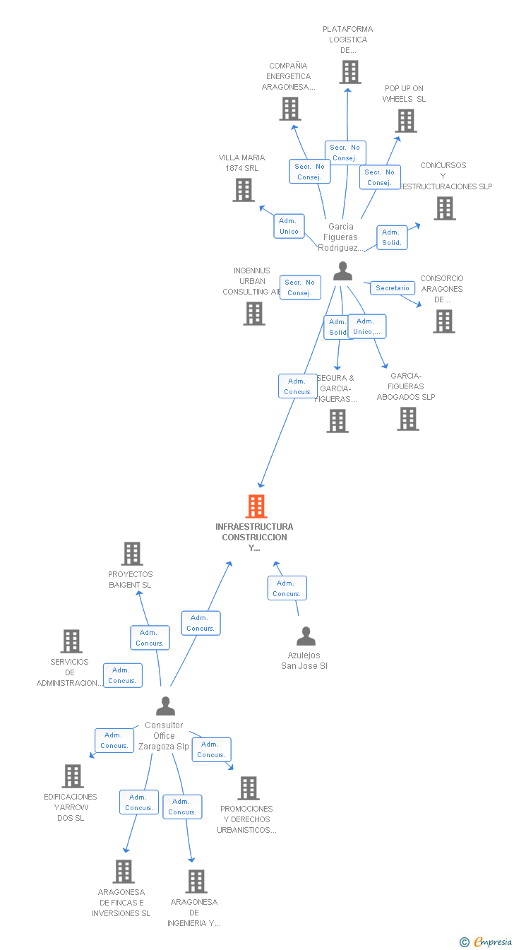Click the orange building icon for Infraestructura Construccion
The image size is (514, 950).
[x=256, y=506]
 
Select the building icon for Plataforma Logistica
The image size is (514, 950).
[x=349, y=72]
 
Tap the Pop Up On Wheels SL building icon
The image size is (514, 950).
[x=406, y=121]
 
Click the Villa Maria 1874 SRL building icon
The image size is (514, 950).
[x=244, y=189]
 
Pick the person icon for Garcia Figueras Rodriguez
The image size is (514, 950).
[x=342, y=271]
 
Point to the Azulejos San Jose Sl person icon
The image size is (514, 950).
[x=306, y=636]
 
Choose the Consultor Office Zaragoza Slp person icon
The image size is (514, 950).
[x=165, y=706]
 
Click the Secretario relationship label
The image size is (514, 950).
[x=393, y=288]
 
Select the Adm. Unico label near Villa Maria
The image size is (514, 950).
[x=289, y=226]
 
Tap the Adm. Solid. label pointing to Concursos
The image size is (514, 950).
[x=392, y=237]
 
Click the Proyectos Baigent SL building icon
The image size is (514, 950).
[x=132, y=554]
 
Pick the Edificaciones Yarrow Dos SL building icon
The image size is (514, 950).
[x=72, y=776]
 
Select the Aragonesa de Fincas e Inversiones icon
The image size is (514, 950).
[x=124, y=872]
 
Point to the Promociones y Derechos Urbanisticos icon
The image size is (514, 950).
[x=248, y=788]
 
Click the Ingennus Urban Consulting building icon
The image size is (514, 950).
[x=254, y=314]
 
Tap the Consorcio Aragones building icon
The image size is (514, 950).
[x=443, y=321]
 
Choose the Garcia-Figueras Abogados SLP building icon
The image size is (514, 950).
[x=407, y=419]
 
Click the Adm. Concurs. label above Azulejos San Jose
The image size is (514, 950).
[x=287, y=588]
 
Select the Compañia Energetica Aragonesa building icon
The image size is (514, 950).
[x=289, y=109]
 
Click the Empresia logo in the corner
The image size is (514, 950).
[x=487, y=942]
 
